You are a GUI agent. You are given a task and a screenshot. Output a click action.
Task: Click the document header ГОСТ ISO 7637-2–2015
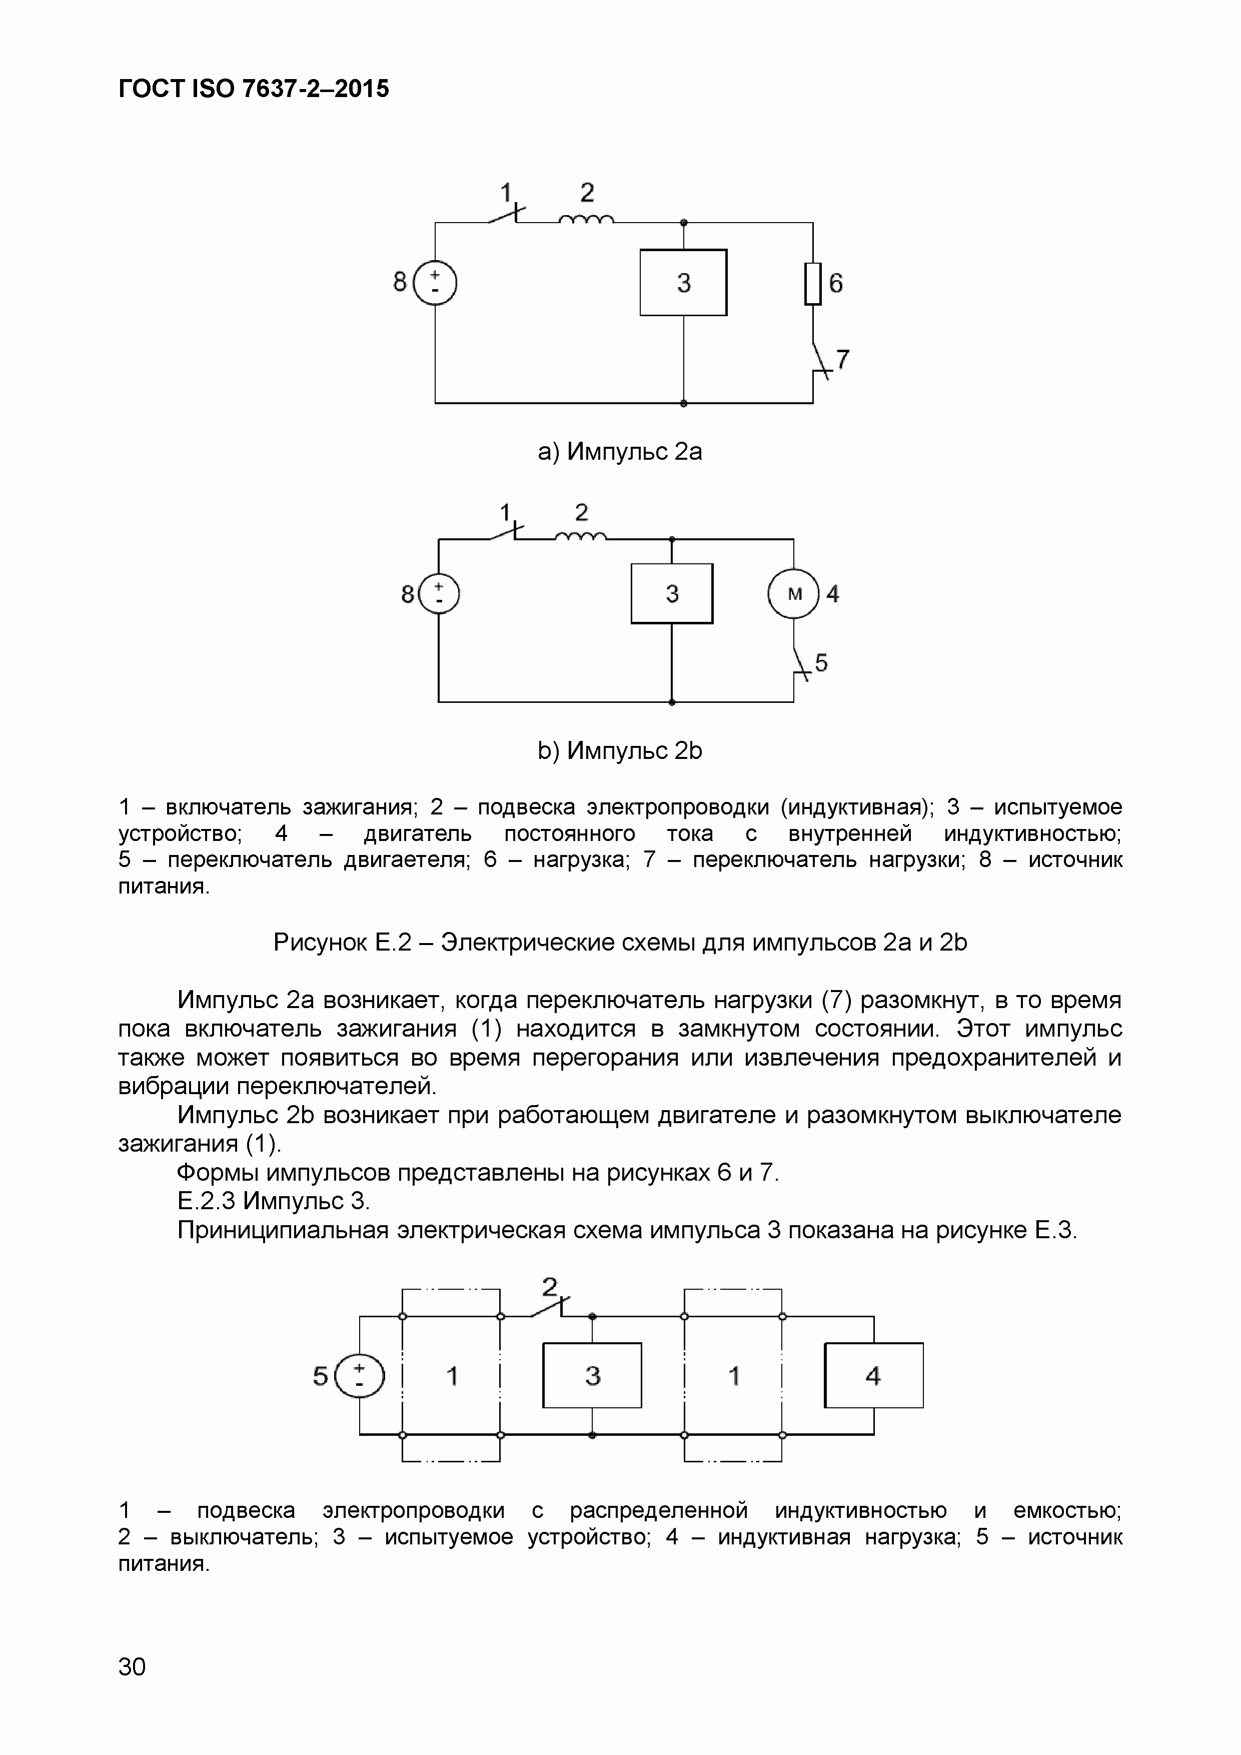254,90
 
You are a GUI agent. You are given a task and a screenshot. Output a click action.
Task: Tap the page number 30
132,1666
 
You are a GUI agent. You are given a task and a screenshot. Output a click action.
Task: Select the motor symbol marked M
794,594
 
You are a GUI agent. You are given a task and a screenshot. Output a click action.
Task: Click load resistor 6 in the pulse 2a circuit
812,284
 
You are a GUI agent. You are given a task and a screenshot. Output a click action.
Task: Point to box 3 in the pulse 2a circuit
683,282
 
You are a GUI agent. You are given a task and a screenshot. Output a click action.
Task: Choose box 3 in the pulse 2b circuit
672,594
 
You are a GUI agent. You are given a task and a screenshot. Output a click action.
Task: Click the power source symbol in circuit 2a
435,283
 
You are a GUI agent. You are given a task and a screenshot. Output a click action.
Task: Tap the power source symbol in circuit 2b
439,594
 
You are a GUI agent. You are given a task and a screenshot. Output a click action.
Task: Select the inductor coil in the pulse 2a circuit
586,220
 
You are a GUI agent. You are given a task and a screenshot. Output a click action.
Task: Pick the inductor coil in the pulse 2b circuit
581,537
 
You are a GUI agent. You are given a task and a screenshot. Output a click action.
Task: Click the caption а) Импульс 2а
620,452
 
